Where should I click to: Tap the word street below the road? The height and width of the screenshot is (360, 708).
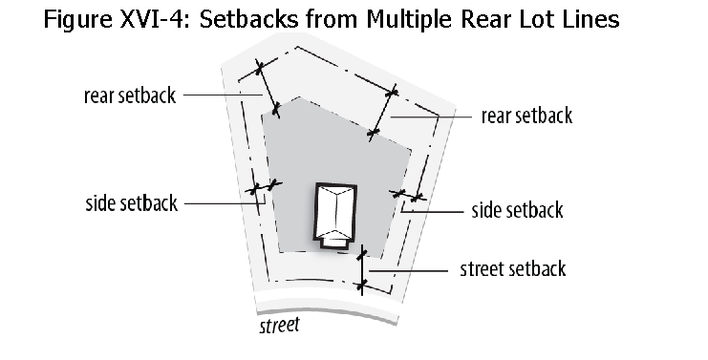tap(280, 326)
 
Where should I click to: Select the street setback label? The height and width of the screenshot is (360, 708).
tap(512, 269)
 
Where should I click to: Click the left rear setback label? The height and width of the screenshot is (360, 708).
tap(130, 95)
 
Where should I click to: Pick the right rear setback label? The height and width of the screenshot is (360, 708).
tap(526, 116)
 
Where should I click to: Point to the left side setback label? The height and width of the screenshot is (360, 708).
tap(132, 203)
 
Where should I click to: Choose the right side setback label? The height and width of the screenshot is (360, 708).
tap(517, 210)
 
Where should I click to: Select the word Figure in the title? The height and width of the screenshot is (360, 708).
tap(77, 20)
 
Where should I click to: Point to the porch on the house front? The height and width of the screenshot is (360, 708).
tap(334, 243)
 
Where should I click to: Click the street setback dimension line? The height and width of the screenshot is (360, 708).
tap(362, 270)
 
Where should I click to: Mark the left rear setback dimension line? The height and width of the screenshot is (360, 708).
tap(268, 89)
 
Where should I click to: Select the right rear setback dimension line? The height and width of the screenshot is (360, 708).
tap(382, 113)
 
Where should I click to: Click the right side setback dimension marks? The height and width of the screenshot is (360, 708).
tap(407, 195)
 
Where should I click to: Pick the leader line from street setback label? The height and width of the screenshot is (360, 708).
tap(409, 270)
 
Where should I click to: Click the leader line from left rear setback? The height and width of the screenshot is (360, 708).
tap(223, 95)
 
